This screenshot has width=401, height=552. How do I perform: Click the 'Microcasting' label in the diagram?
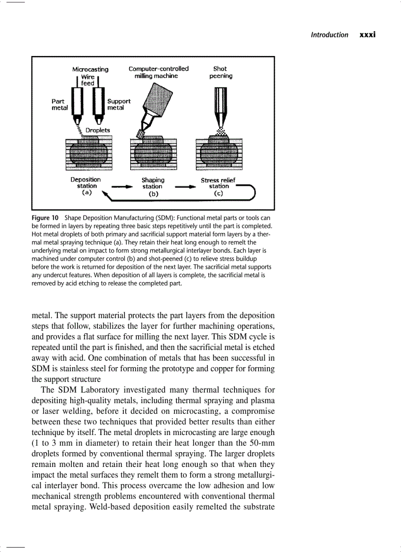(90, 69)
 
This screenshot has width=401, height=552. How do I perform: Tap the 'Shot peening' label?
(221, 72)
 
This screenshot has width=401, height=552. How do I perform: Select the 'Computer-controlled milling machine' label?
(158, 72)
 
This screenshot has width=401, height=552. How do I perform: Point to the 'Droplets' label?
(98, 130)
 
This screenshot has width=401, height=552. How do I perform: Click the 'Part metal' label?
(59, 104)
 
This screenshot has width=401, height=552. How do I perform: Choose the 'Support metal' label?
(119, 104)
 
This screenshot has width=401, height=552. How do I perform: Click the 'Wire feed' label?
(88, 80)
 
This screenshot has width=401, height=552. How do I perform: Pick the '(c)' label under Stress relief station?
(219, 193)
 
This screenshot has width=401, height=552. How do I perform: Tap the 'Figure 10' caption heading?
(45, 218)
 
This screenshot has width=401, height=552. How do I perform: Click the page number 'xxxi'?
(368, 35)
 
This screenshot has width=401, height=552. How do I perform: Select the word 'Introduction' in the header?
(329, 35)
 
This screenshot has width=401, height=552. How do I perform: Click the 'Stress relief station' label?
(218, 183)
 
